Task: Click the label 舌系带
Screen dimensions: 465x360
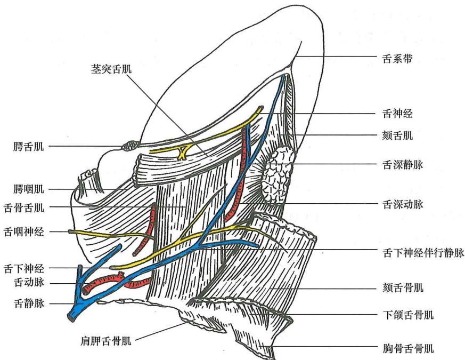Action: [397, 59]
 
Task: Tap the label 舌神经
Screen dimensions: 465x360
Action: [397, 114]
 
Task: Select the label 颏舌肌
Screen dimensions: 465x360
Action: [397, 136]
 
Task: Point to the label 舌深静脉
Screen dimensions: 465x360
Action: [403, 165]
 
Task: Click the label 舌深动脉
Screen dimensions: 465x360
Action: [403, 204]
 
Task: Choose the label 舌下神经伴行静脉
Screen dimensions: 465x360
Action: [423, 253]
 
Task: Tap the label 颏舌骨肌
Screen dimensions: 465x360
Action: [403, 288]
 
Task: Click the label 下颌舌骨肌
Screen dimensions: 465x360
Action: [408, 315]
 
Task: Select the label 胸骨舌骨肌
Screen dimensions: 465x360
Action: [408, 348]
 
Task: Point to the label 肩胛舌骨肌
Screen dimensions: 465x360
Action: [106, 341]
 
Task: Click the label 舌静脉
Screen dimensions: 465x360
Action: [29, 303]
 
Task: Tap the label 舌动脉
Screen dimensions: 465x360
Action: [29, 282]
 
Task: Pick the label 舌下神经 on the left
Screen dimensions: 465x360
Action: [24, 269]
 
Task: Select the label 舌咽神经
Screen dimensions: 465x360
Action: [24, 231]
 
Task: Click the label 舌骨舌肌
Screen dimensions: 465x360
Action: [24, 207]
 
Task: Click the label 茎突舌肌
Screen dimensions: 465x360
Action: [111, 69]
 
